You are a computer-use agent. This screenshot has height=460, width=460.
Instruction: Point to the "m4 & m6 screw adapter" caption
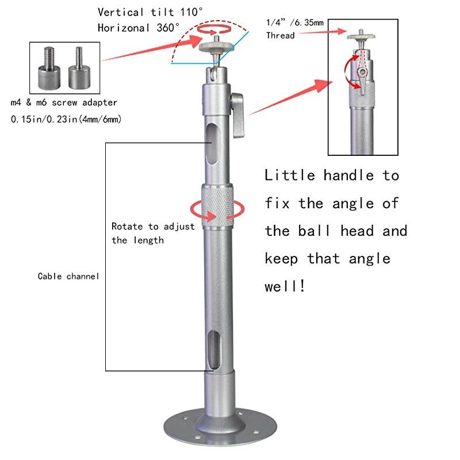pyautogui.click(x=64, y=102)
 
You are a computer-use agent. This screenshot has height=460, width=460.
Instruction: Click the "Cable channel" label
pyautogui.click(x=68, y=276)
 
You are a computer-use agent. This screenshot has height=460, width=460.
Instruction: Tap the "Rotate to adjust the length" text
pyautogui.click(x=152, y=233)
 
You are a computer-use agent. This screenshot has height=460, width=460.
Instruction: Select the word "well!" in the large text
pyautogui.click(x=285, y=286)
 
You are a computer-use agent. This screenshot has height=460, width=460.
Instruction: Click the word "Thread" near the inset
pyautogui.click(x=280, y=36)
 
